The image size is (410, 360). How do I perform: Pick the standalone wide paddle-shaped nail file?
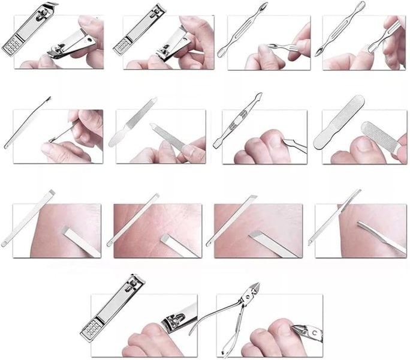[x=338, y=122]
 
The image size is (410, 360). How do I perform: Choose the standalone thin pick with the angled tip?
[x=28, y=122]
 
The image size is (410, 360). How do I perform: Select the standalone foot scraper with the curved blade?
[x=334, y=217]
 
